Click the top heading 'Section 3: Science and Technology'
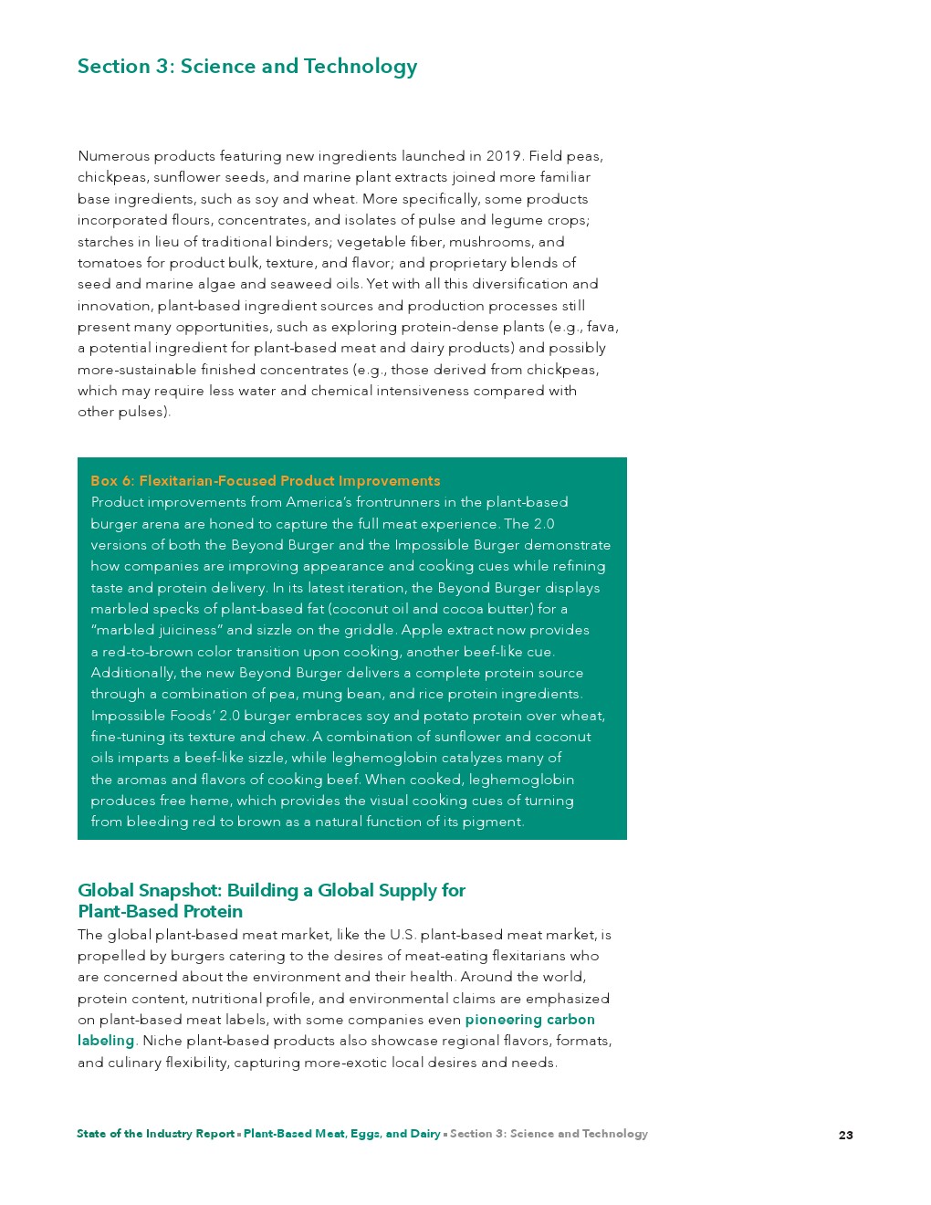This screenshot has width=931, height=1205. click(x=247, y=67)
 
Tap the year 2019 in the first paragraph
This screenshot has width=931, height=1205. click(x=504, y=156)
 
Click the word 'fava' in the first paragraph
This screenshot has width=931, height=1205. click(x=601, y=327)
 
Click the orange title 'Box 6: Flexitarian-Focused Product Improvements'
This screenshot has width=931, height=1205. click(x=265, y=481)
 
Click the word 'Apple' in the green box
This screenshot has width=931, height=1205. click(x=421, y=630)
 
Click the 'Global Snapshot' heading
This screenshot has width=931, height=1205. click(x=271, y=900)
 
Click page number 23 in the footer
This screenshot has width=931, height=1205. click(x=846, y=1135)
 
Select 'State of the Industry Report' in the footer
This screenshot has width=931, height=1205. click(x=156, y=1134)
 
